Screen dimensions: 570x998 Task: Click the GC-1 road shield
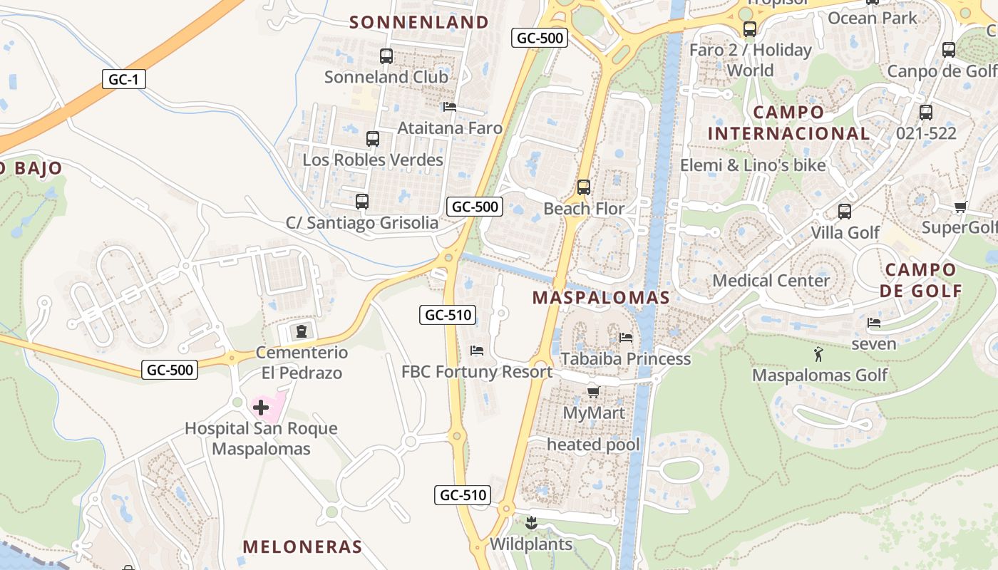[x=123, y=79]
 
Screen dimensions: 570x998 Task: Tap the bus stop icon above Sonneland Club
[x=386, y=56]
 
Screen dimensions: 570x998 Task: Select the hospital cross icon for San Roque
[x=261, y=408]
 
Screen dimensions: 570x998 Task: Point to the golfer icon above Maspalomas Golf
[x=818, y=354]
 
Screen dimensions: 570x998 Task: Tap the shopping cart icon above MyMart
[x=593, y=392]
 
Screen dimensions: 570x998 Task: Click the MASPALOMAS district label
[x=601, y=298]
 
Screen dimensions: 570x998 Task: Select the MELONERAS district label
[x=302, y=546]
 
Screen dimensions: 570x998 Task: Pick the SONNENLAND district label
[x=419, y=22]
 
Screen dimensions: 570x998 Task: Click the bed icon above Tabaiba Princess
[x=626, y=338]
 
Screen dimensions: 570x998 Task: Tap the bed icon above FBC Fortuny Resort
[x=477, y=351]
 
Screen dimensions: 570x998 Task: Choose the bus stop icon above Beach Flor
[x=584, y=188]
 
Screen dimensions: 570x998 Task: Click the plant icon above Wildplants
[x=531, y=524]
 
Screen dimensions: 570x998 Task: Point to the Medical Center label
[x=771, y=280]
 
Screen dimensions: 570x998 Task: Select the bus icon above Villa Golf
[x=845, y=212]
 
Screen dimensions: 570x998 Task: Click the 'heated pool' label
[x=593, y=445]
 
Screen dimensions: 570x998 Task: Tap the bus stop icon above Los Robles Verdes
[x=373, y=139]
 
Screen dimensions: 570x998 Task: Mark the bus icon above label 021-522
[x=926, y=113]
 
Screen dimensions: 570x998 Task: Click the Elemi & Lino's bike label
[x=753, y=165]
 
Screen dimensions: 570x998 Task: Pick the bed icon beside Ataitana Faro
[x=450, y=108]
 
